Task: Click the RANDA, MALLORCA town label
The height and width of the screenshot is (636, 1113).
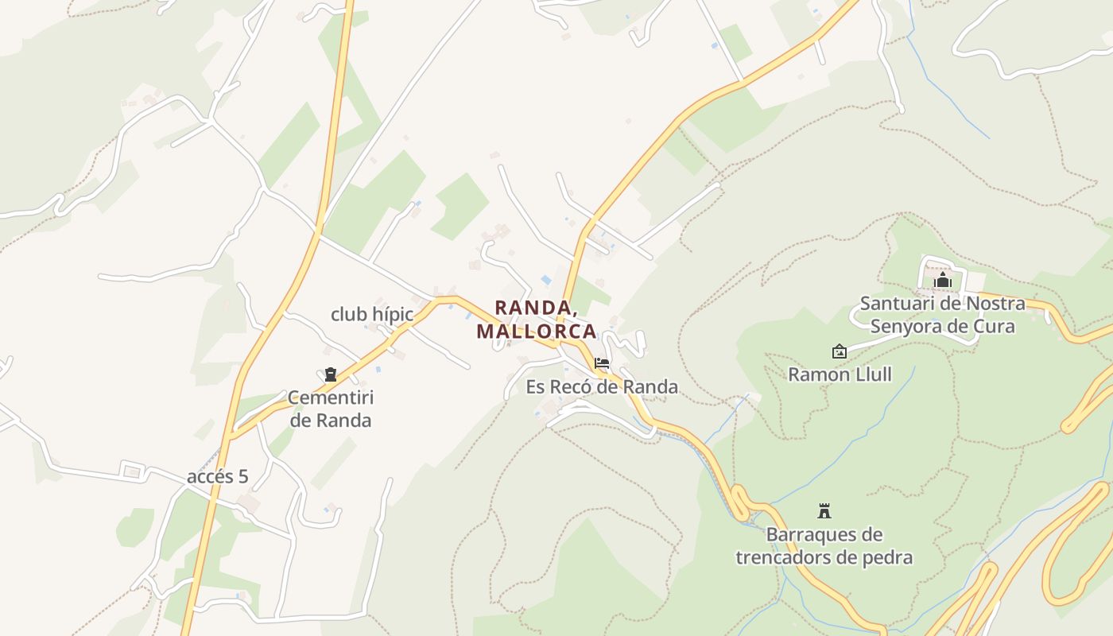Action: [x=537, y=319]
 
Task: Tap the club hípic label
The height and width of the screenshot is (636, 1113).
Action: [x=372, y=314]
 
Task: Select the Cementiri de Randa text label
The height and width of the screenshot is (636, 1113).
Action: [x=330, y=409]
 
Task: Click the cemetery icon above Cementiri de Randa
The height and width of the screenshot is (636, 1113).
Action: [x=330, y=374]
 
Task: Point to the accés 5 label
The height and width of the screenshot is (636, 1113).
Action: [x=217, y=477]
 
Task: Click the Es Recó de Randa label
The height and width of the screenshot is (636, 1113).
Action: [x=602, y=387]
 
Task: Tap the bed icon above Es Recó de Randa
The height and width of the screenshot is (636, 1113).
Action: [x=602, y=363]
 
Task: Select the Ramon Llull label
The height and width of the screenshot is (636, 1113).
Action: [x=840, y=374]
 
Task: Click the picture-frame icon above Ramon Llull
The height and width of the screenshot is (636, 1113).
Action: [x=839, y=351]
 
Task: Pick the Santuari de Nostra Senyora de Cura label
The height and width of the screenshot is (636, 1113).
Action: [x=943, y=315]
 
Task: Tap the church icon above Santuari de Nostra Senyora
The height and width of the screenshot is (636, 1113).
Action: [x=943, y=281]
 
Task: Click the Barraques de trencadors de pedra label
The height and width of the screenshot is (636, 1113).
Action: [x=824, y=545]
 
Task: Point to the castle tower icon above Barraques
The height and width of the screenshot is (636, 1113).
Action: [x=824, y=510]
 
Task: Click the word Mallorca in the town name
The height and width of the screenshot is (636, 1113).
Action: [x=537, y=331]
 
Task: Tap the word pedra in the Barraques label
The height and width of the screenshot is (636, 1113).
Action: [x=887, y=557]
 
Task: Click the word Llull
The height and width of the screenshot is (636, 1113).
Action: [x=871, y=374]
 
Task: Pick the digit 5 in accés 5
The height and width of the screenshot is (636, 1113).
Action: [x=242, y=477]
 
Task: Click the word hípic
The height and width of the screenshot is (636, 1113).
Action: [x=392, y=314]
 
